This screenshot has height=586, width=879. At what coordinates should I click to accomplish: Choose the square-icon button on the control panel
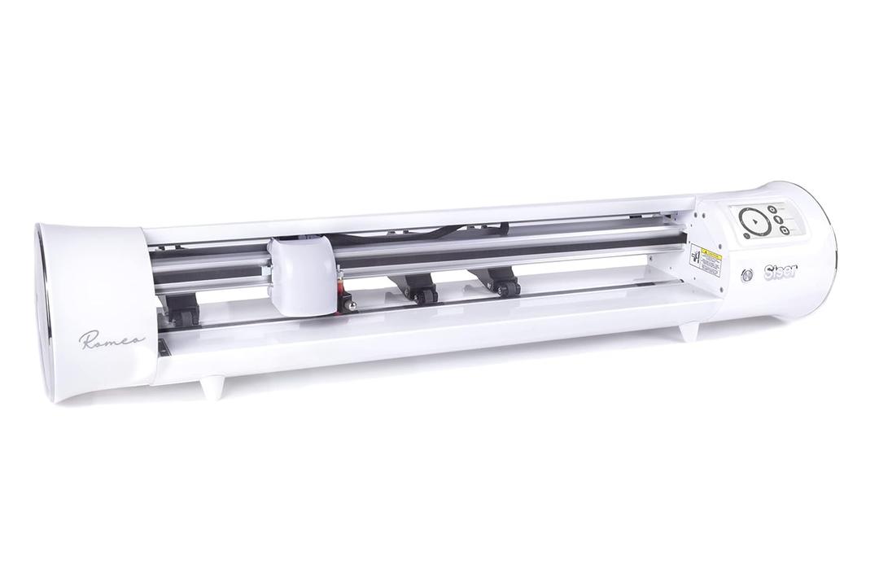pos(783,232)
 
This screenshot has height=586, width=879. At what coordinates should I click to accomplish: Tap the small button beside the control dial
pos(746,235)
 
